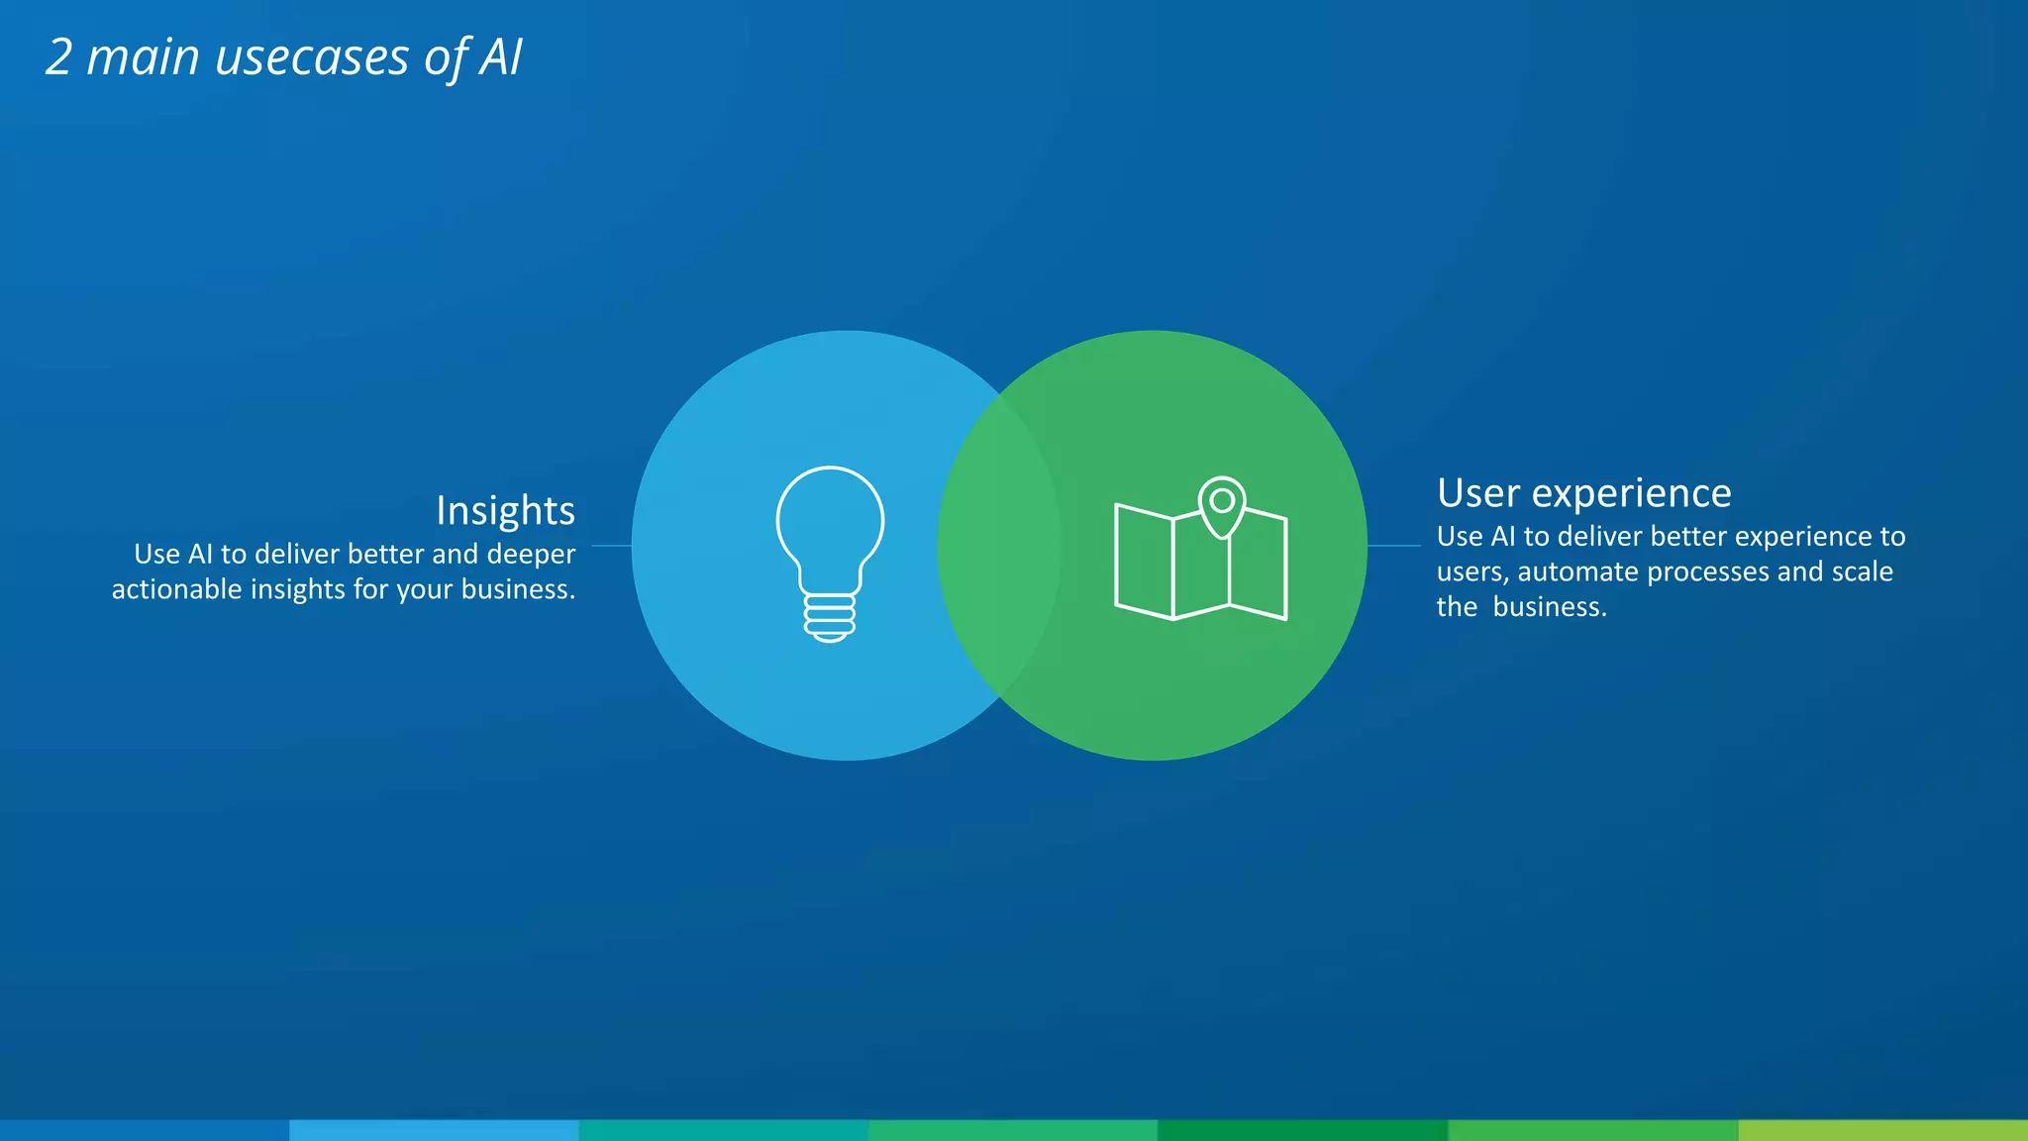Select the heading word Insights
pos(505,511)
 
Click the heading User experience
pos(1583,493)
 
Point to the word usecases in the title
pos(312,57)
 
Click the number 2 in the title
pos(59,57)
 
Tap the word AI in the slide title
pos(501,57)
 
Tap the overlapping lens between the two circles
pos(999,546)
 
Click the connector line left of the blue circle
pos(611,546)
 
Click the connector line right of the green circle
pos(1393,546)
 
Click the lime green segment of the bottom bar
pos(1882,1130)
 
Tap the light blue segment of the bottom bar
pos(434,1130)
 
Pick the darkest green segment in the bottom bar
pos(1302,1130)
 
